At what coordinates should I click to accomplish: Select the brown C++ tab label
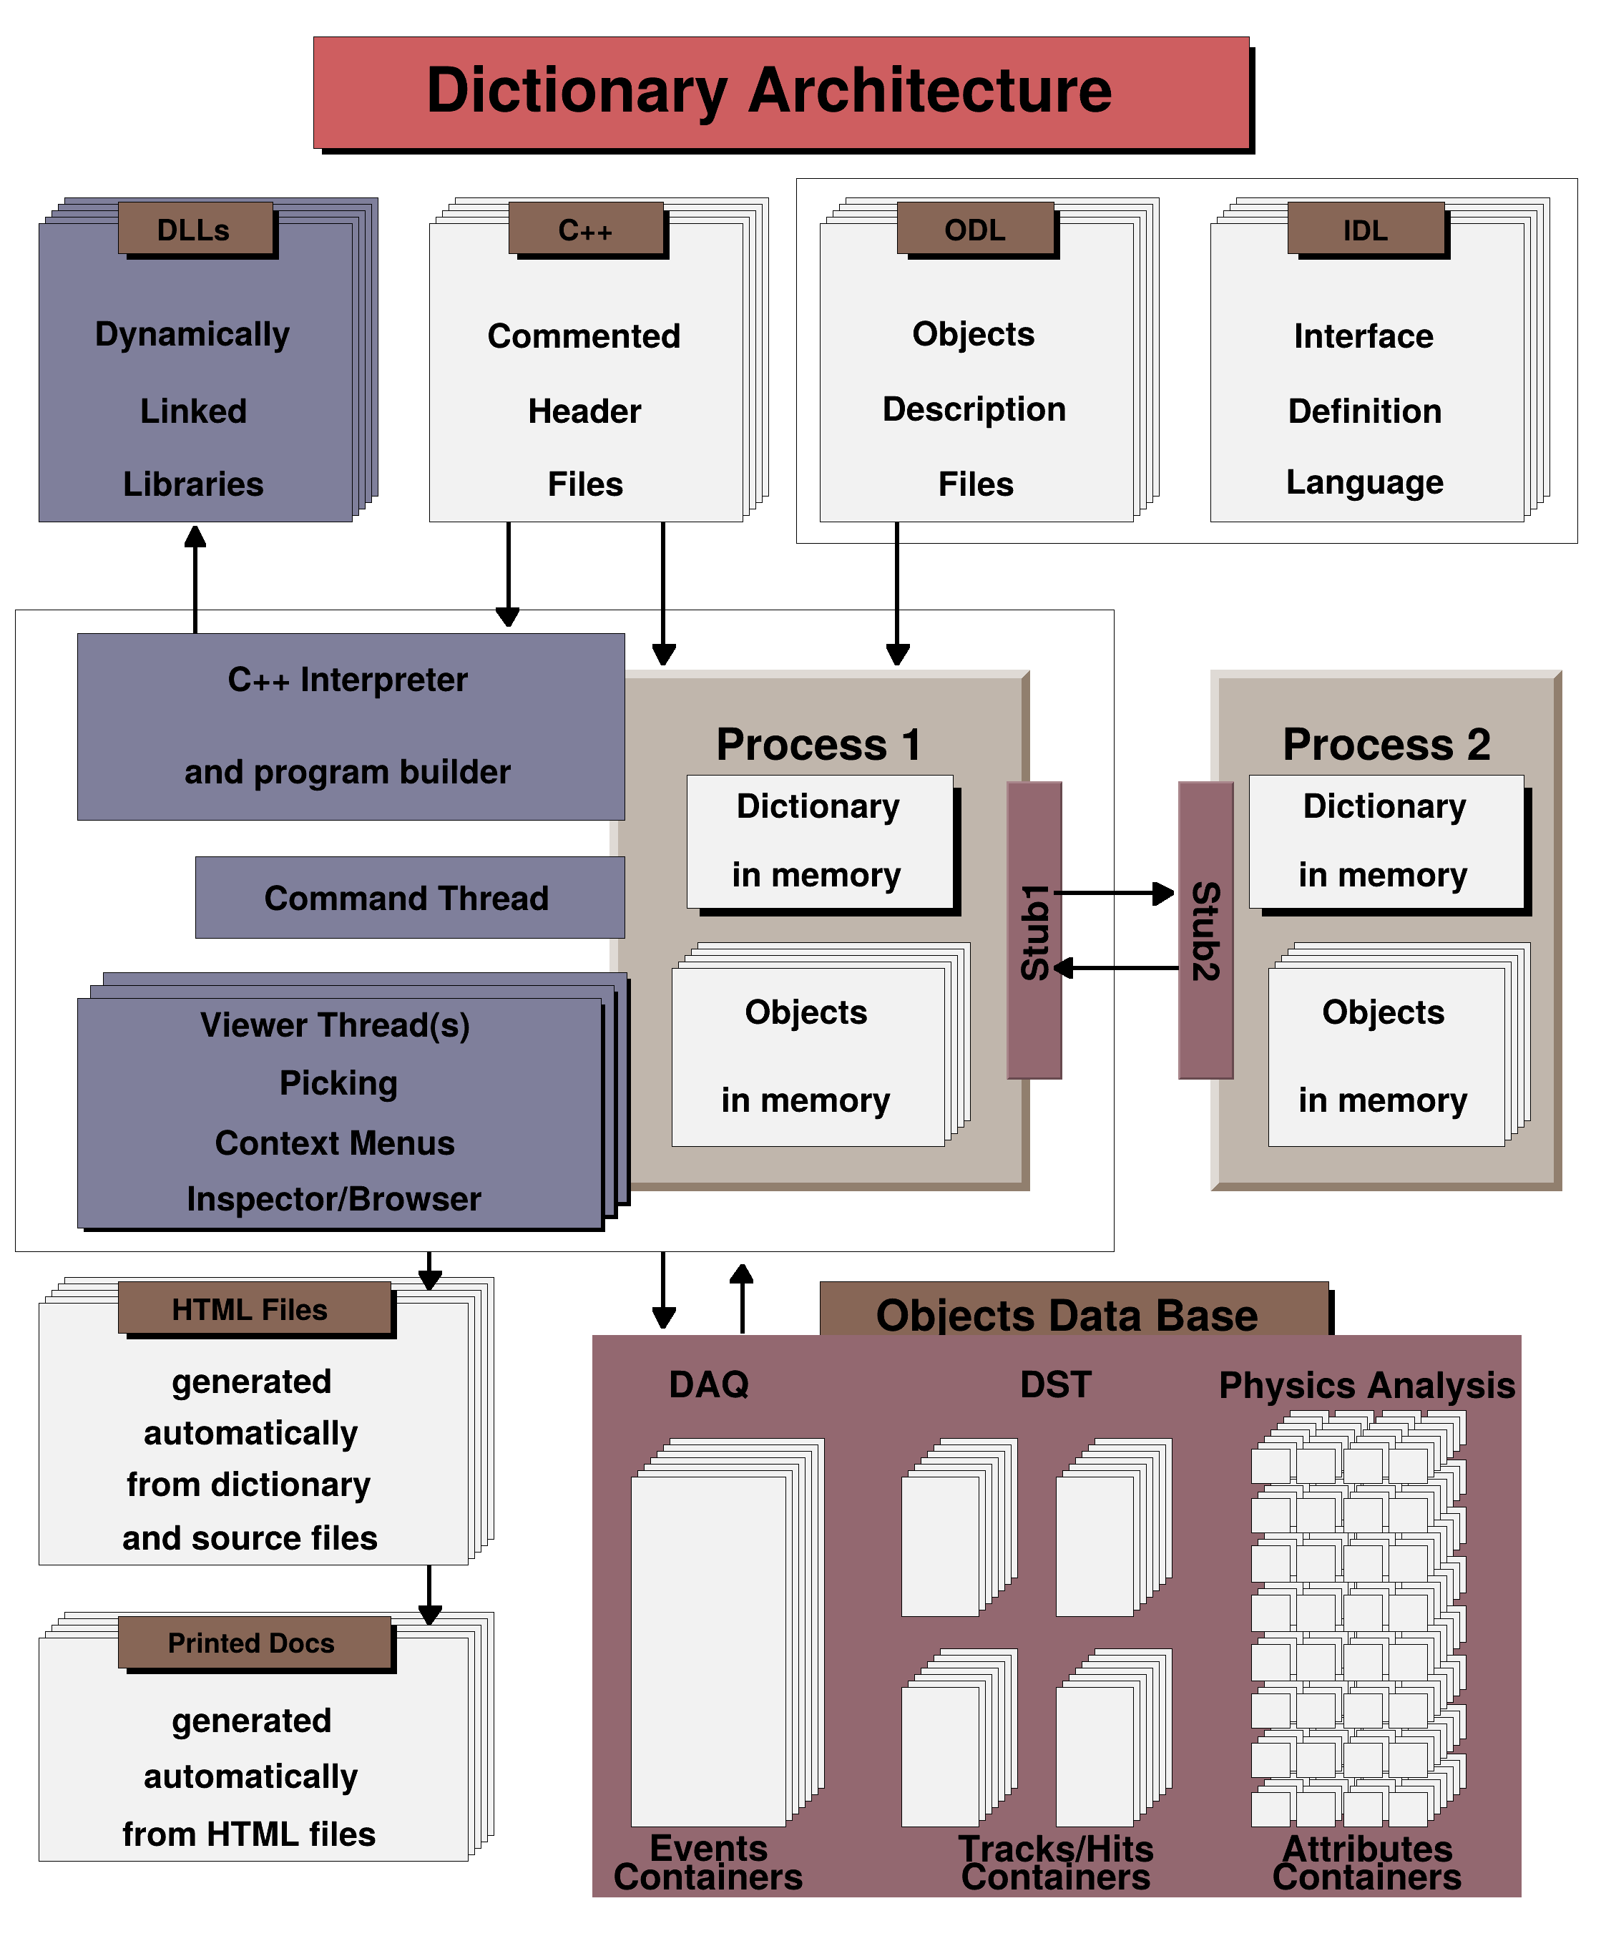pyautogui.click(x=586, y=229)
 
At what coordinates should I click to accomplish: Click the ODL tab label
pyautogui.click(x=975, y=229)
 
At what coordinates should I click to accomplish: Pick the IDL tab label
pyautogui.click(x=1366, y=229)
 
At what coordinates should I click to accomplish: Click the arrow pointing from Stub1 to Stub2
pyautogui.click(x=1115, y=892)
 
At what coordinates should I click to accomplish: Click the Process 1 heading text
pyautogui.click(x=818, y=744)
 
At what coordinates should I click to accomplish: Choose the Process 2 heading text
pyautogui.click(x=1386, y=744)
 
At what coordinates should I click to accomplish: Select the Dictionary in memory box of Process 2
pyautogui.click(x=1386, y=841)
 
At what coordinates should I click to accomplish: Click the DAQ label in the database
pyautogui.click(x=709, y=1384)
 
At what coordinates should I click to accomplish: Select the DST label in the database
pyautogui.click(x=1055, y=1384)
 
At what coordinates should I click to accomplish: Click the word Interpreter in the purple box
pyautogui.click(x=383, y=680)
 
